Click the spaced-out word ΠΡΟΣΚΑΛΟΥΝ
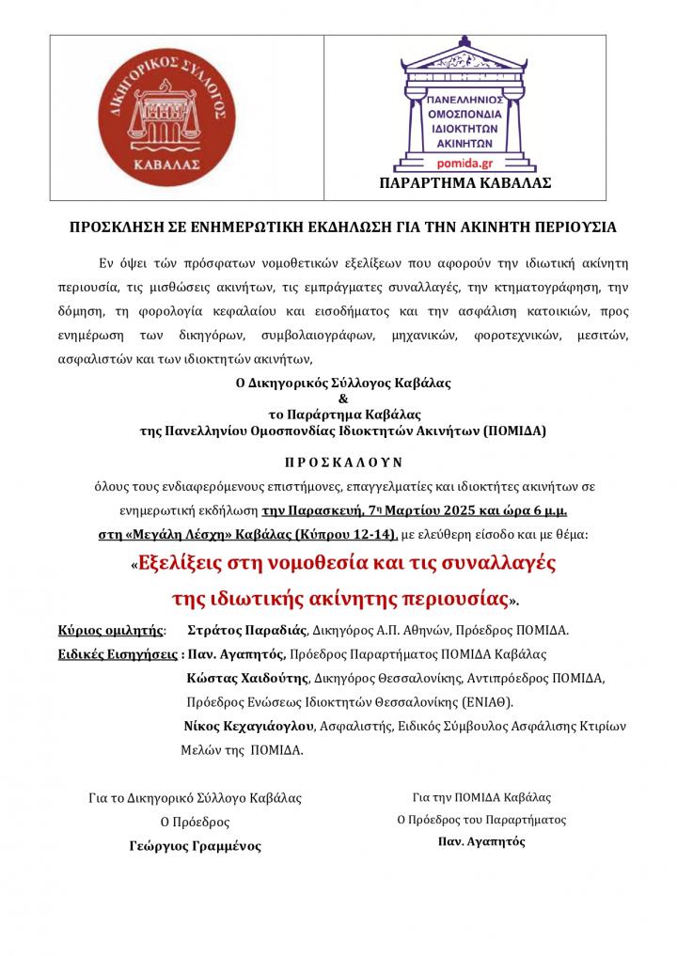[342, 462]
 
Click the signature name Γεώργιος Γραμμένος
[196, 845]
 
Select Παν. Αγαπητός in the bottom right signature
[481, 841]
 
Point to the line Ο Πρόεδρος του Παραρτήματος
[481, 819]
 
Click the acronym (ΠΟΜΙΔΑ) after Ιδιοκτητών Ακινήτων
[516, 431]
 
